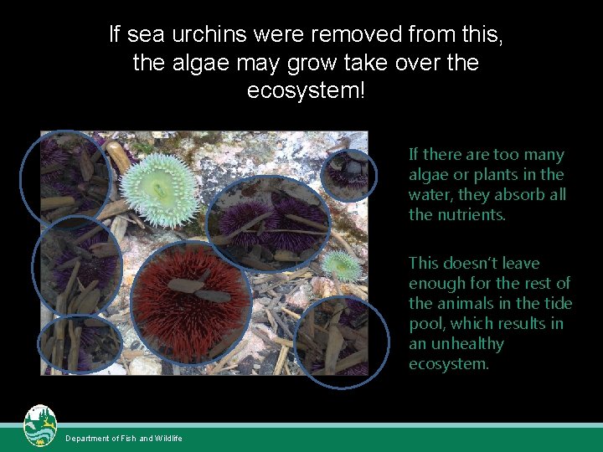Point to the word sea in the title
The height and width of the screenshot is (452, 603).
pyautogui.click(x=151, y=35)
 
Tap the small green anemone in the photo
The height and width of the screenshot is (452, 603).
pyautogui.click(x=342, y=265)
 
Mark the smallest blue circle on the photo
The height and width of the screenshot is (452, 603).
pyautogui.click(x=349, y=174)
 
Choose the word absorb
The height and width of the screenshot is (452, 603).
pyautogui.click(x=522, y=195)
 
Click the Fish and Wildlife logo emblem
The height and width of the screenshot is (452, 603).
pyautogui.click(x=39, y=426)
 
